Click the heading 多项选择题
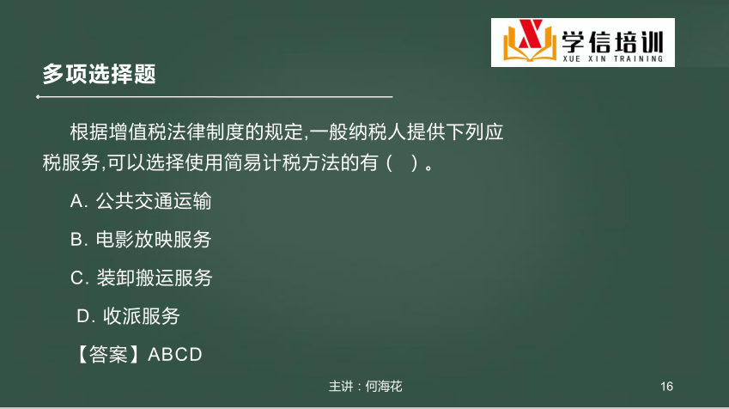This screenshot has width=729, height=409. tap(99, 74)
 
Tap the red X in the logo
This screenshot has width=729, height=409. tap(531, 34)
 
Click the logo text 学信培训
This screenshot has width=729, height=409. tap(612, 42)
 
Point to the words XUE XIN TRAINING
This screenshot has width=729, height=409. tap(612, 58)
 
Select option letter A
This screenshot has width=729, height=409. tap(76, 201)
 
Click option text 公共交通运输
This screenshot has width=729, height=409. tap(154, 201)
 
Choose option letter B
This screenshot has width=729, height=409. tap(77, 240)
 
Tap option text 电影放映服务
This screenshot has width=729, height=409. tap(154, 240)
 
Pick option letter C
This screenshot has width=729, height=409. tap(77, 278)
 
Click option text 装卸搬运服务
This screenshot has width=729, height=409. tap(155, 278)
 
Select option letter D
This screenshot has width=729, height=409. tap(84, 316)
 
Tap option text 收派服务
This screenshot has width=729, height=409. tap(142, 316)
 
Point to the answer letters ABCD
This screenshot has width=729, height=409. tap(175, 355)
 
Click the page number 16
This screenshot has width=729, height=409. tap(666, 386)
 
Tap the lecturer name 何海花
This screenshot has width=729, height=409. tap(384, 386)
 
